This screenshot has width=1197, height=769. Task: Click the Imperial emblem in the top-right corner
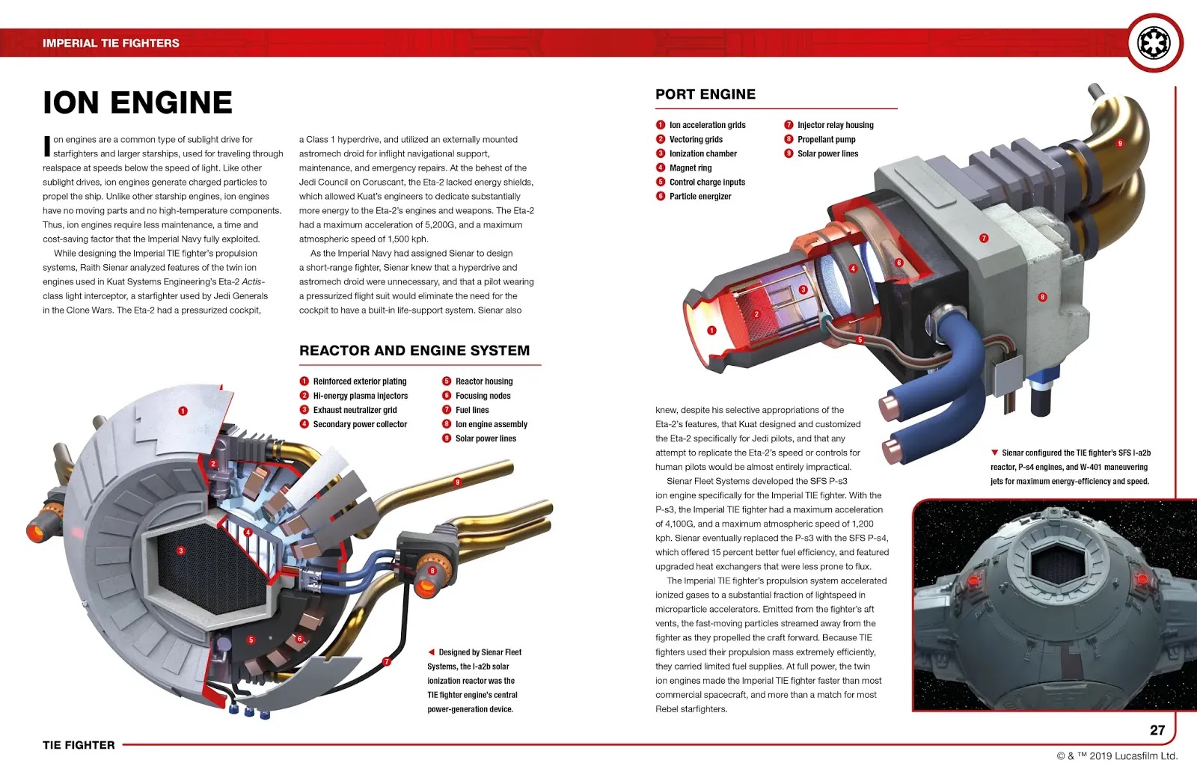pyautogui.click(x=1154, y=43)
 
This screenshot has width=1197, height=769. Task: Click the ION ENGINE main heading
pyautogui.click(x=138, y=102)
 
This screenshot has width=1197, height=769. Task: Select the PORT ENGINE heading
pyautogui.click(x=705, y=94)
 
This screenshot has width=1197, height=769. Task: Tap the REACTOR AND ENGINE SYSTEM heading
pyautogui.click(x=414, y=351)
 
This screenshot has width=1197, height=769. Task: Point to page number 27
pyautogui.click(x=1157, y=730)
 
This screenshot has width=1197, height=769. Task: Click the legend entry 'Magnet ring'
pyautogui.click(x=690, y=168)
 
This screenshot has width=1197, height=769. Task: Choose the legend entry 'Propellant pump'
pyautogui.click(x=826, y=140)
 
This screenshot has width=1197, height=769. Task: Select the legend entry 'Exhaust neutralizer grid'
pyautogui.click(x=355, y=410)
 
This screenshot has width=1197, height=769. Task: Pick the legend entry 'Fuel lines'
pyautogui.click(x=472, y=410)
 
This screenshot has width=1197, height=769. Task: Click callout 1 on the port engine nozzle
pyautogui.click(x=711, y=330)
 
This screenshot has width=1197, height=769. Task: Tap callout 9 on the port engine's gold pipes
pyautogui.click(x=1120, y=144)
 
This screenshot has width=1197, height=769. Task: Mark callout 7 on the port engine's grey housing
pyautogui.click(x=984, y=238)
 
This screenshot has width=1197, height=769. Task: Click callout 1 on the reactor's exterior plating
pyautogui.click(x=183, y=411)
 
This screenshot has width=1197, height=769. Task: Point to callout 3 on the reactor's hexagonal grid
pyautogui.click(x=180, y=551)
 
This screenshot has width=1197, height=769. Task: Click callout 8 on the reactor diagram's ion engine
pyautogui.click(x=432, y=571)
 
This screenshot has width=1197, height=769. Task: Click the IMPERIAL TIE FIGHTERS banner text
pyautogui.click(x=111, y=43)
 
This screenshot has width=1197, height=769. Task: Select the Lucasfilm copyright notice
pyautogui.click(x=1117, y=756)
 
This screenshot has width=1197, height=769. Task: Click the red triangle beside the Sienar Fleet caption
pyautogui.click(x=431, y=652)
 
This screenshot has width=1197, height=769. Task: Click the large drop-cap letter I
pyautogui.click(x=47, y=147)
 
